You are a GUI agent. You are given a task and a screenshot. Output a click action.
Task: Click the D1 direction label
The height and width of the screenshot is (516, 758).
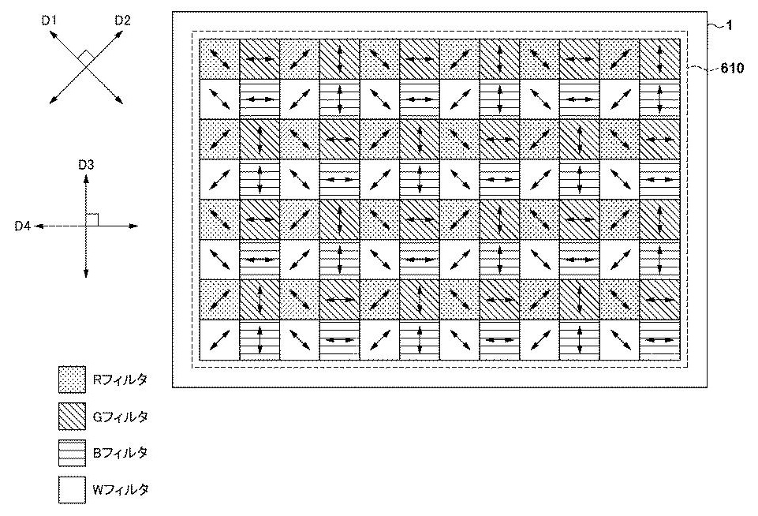(x=50, y=21)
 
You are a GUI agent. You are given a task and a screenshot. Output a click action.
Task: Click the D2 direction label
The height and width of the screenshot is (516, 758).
(x=122, y=21)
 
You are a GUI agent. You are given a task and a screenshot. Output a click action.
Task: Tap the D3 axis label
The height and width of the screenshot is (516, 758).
(x=86, y=166)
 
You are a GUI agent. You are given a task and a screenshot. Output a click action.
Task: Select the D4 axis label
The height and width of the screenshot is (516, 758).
(x=22, y=226)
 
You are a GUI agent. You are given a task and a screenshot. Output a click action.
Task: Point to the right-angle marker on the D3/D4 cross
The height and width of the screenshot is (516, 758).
(x=92, y=219)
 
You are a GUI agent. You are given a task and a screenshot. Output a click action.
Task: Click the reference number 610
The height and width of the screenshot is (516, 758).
(x=732, y=69)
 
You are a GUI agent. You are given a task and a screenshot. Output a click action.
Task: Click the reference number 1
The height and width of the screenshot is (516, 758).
(x=730, y=25)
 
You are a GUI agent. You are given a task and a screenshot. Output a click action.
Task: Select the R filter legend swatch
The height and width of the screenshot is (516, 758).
(x=72, y=380)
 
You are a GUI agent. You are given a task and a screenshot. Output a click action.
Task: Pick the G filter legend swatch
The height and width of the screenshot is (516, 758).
(x=72, y=417)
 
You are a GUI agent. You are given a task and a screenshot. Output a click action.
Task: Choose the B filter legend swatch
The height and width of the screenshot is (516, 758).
(x=72, y=453)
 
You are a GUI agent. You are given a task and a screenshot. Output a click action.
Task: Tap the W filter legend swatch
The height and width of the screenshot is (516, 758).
(x=72, y=490)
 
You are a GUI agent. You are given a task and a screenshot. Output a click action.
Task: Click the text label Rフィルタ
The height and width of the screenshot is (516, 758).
(x=120, y=380)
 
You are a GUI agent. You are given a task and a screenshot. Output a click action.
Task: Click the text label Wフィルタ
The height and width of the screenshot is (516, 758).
(x=121, y=490)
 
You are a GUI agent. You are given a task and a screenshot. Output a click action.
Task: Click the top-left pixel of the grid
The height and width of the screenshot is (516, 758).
(x=219, y=59)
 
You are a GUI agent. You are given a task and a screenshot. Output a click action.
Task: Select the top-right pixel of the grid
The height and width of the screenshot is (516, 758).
(x=660, y=59)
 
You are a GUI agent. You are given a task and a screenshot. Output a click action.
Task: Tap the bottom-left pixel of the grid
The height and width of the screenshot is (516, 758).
(x=219, y=340)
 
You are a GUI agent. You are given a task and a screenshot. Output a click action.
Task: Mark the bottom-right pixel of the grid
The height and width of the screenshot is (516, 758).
(x=660, y=340)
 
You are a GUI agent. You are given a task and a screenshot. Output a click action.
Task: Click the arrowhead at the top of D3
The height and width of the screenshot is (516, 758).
(x=86, y=178)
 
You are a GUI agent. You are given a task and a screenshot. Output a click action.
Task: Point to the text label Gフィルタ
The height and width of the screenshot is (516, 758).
(x=121, y=417)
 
